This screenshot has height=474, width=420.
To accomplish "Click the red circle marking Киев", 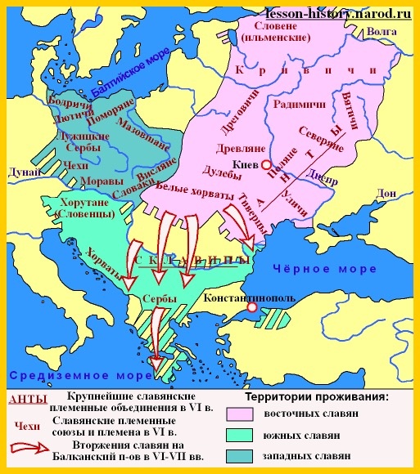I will click(x=265, y=166).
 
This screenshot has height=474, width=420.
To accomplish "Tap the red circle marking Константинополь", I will click(x=253, y=308).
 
